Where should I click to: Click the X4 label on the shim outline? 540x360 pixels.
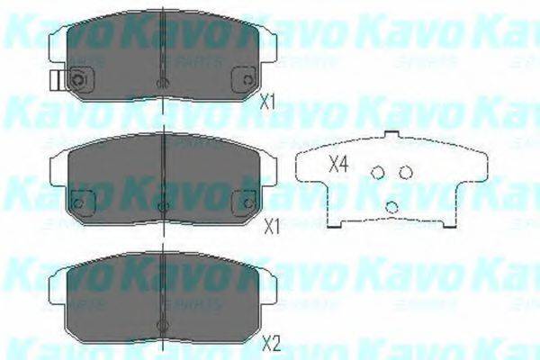[x=337, y=164]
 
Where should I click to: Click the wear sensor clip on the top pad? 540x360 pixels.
[x=56, y=81]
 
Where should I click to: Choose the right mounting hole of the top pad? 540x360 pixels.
[x=244, y=81]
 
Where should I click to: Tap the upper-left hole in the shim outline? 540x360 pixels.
[x=379, y=173]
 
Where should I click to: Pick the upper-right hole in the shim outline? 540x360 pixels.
[x=406, y=172]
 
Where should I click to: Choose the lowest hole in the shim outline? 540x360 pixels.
[x=391, y=206]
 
